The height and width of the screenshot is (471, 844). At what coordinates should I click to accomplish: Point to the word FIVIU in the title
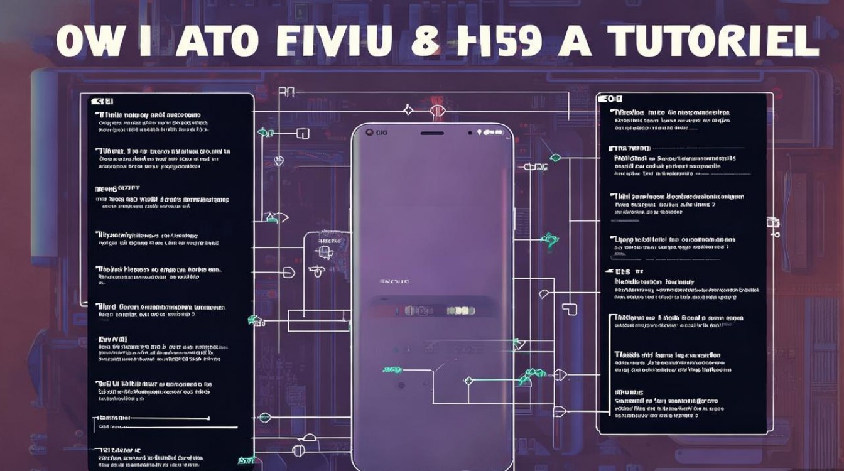pyautogui.click(x=331, y=42)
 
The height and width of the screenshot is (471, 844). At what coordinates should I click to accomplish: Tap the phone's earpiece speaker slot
pyautogui.click(x=432, y=133)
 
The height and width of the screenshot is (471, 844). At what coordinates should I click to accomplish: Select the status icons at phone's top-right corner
pyautogui.click(x=489, y=133)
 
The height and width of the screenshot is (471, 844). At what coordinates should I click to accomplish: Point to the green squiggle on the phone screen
pyautogui.click(x=393, y=371)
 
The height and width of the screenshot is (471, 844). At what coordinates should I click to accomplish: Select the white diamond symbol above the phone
pyautogui.click(x=408, y=111)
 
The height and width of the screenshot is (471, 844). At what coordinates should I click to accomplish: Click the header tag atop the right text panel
pyautogui.click(x=610, y=99)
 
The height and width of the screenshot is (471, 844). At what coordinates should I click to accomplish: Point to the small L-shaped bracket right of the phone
pyautogui.click(x=570, y=309)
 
